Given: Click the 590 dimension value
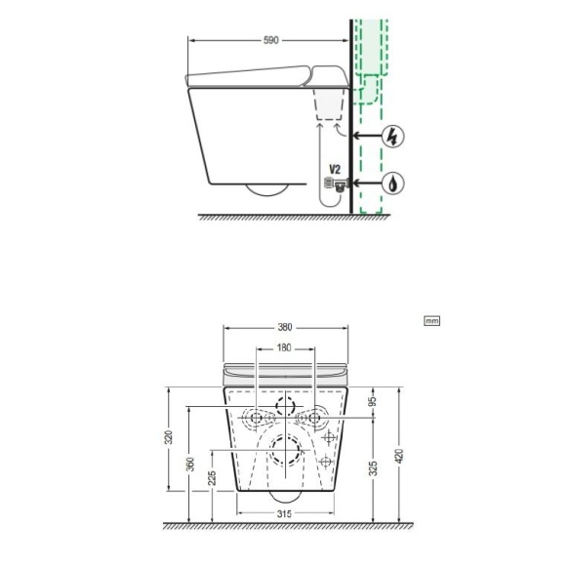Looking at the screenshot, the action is pyautogui.click(x=271, y=40).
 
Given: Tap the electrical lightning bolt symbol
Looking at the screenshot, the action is pyautogui.click(x=392, y=136).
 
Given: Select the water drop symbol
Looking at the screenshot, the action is pyautogui.click(x=392, y=183).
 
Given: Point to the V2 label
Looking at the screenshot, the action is pyautogui.click(x=335, y=169).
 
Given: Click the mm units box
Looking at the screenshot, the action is pyautogui.click(x=431, y=321).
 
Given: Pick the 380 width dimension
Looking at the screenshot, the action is pyautogui.click(x=285, y=327).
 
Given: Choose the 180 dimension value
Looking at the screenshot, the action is pyautogui.click(x=284, y=348).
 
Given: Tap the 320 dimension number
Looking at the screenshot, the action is pyautogui.click(x=169, y=438).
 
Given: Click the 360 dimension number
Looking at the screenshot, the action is pyautogui.click(x=190, y=465).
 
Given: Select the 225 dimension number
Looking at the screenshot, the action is pyautogui.click(x=212, y=478).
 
